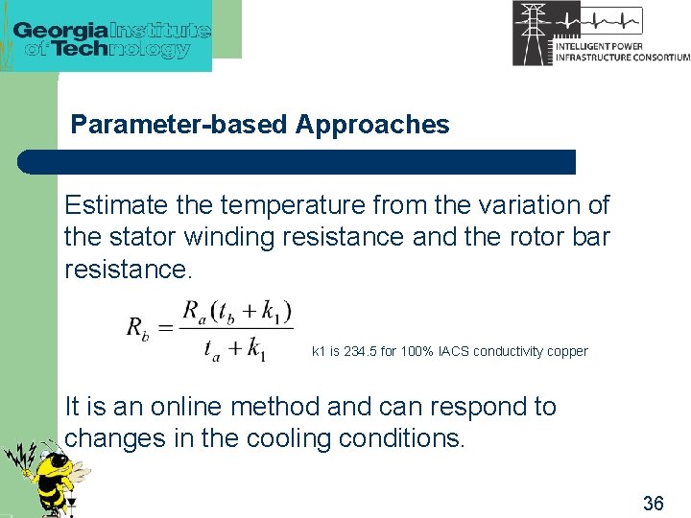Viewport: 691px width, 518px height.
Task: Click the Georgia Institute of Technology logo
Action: pos(111,37)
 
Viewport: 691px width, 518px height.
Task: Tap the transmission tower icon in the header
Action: pos(531,33)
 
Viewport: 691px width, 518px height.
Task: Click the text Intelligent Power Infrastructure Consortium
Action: pos(622,52)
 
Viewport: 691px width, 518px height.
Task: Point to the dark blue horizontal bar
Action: pos(298,162)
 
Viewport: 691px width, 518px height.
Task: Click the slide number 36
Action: pos(653,503)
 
